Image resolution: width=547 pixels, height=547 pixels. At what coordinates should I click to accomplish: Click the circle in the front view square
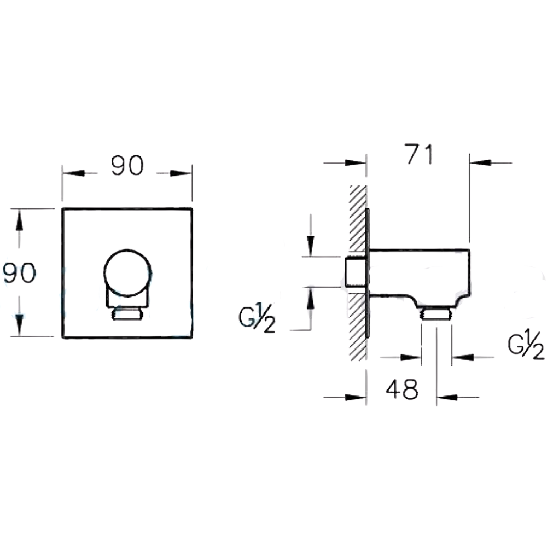[x=127, y=273]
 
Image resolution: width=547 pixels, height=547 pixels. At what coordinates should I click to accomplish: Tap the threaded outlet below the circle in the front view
[x=127, y=313]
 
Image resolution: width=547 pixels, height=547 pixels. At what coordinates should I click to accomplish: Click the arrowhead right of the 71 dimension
[x=480, y=162]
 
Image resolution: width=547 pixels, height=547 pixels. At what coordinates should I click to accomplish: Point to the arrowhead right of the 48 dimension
[x=447, y=397]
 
